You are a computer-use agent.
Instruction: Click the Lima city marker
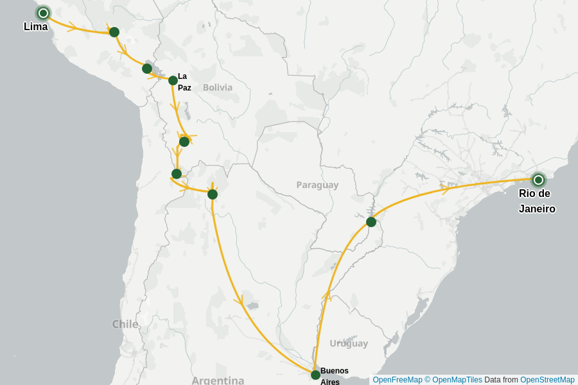click(x=43, y=13)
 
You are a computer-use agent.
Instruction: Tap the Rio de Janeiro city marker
click(x=538, y=180)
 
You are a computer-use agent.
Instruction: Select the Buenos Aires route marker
click(x=315, y=375)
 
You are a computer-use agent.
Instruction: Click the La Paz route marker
click(x=173, y=80)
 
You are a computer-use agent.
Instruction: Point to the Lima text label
click(x=35, y=27)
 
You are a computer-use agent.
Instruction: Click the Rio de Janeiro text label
click(x=537, y=201)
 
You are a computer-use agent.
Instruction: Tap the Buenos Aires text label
click(x=334, y=375)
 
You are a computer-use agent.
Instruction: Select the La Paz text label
click(x=184, y=81)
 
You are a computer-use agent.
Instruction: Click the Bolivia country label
click(x=218, y=87)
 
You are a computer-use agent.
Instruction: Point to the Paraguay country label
click(x=317, y=185)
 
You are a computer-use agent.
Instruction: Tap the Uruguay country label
click(x=349, y=343)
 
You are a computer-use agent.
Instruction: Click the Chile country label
click(x=125, y=324)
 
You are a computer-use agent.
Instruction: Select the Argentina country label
click(x=218, y=380)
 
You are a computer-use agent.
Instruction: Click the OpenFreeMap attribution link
click(x=398, y=380)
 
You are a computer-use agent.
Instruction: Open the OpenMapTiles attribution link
click(x=457, y=380)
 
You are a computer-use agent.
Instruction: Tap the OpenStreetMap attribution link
click(x=547, y=380)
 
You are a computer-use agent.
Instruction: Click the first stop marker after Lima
click(x=114, y=32)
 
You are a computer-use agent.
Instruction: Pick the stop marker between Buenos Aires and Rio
click(x=371, y=222)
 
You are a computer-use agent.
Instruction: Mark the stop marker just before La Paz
click(x=147, y=69)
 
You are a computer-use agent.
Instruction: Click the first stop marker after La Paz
click(x=184, y=142)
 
